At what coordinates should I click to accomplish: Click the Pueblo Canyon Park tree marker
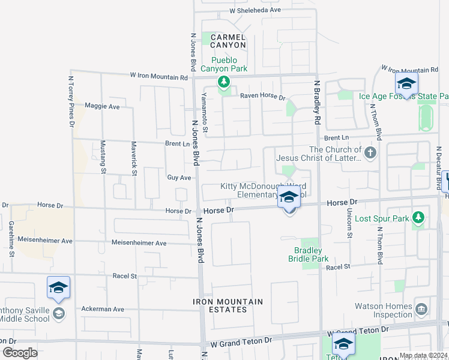pos(224,82)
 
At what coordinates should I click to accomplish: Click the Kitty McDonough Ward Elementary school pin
pos(289,197)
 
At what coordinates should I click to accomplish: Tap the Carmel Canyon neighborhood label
pos(228,41)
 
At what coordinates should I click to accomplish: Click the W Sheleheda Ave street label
pos(255,10)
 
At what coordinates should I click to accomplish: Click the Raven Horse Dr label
pos(263,96)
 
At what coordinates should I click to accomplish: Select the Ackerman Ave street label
pos(103,309)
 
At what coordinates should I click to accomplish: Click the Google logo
pos(19,353)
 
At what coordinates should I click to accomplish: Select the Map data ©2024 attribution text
pos(423,356)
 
